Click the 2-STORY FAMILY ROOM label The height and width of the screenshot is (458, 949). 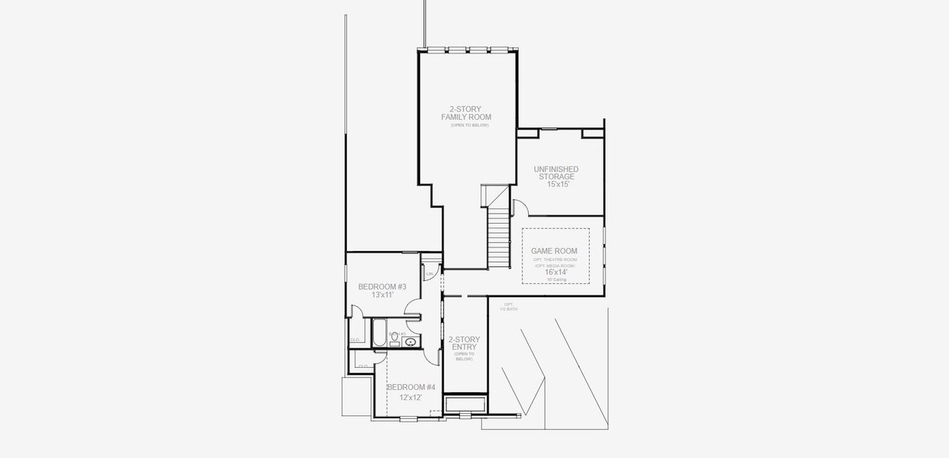point(465,113)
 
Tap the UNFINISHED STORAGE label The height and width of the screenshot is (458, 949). point(555,173)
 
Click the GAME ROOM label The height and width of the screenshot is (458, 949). point(554,251)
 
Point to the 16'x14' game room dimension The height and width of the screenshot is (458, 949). point(555,272)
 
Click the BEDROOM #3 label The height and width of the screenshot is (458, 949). point(382,287)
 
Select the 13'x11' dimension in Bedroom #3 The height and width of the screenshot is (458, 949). point(382,295)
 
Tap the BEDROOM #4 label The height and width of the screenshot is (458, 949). point(410,387)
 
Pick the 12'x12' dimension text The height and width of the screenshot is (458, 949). point(410,397)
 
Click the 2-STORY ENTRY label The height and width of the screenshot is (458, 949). point(463,343)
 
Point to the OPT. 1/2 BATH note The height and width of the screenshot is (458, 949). point(509,306)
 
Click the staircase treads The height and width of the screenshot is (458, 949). point(498,237)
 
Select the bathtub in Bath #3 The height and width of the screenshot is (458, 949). point(380,333)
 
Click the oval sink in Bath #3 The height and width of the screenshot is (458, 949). point(410,342)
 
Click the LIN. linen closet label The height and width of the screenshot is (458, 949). point(430,273)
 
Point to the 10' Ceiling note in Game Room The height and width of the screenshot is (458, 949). point(555,279)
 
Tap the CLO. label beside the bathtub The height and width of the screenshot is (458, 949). point(355,340)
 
